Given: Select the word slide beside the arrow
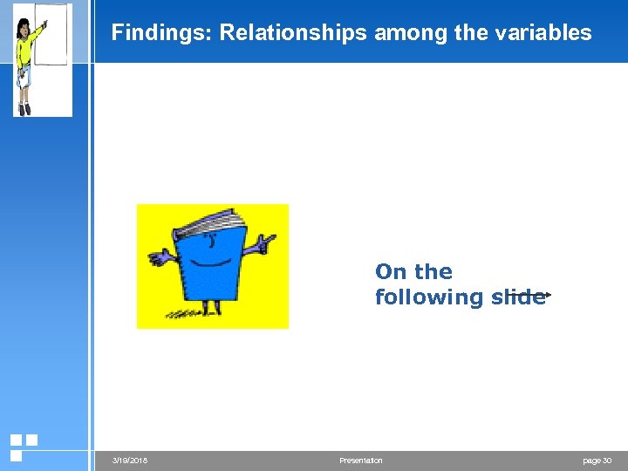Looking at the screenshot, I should (517, 297).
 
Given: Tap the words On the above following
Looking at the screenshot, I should (413, 272).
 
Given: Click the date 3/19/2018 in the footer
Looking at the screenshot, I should (130, 461).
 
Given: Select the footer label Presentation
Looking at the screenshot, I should (360, 461).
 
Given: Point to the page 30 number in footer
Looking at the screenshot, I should (597, 461).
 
